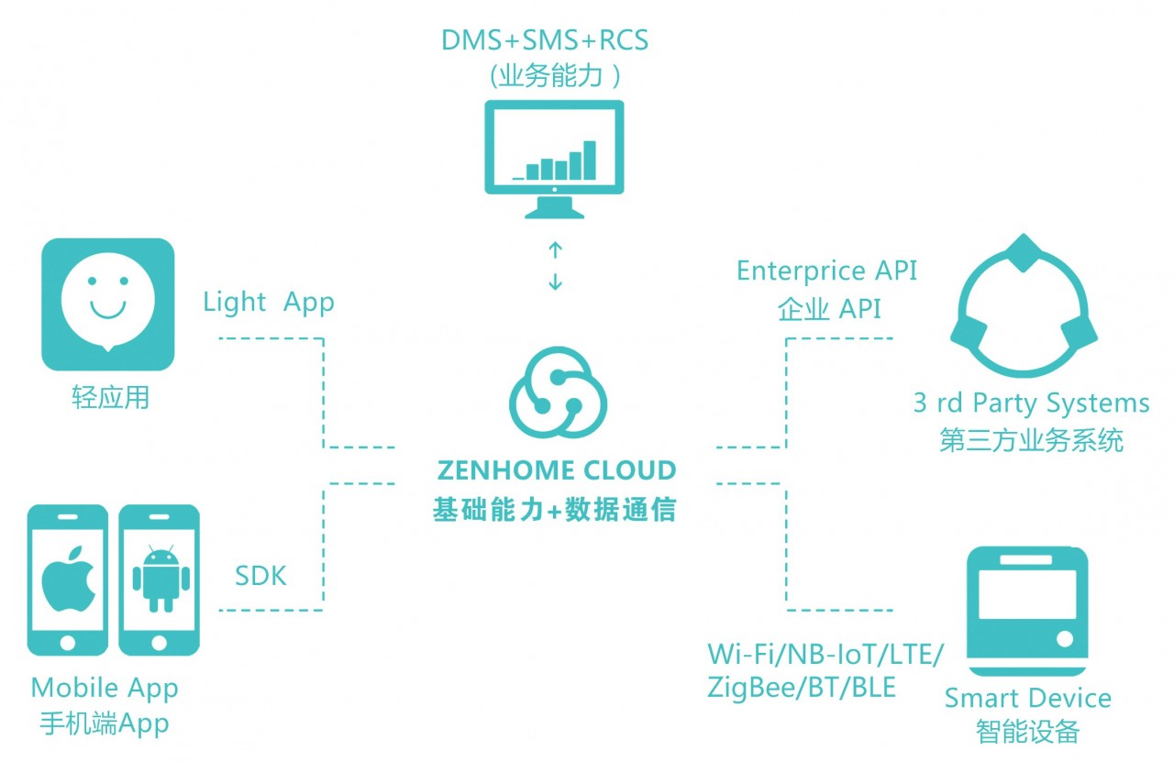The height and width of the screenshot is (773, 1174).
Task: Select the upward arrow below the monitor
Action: [555, 249]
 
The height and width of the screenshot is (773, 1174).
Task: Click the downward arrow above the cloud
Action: [555, 282]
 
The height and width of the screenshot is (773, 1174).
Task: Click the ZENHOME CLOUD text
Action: [557, 471]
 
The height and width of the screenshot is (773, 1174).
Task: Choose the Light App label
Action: [269, 302]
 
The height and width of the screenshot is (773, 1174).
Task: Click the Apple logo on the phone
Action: [68, 580]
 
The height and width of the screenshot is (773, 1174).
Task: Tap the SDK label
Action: [260, 576]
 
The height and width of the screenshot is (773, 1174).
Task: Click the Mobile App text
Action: [105, 688]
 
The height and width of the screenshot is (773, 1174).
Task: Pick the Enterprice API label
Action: [826, 271]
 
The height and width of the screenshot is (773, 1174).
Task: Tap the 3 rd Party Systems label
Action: [1031, 403]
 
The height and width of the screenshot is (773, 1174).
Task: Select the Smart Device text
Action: [1027, 699]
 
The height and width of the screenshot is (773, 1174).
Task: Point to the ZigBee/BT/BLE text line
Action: [801, 687]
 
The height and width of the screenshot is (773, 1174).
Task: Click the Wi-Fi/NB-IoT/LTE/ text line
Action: [825, 655]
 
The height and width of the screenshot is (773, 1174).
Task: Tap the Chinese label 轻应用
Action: [110, 398]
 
